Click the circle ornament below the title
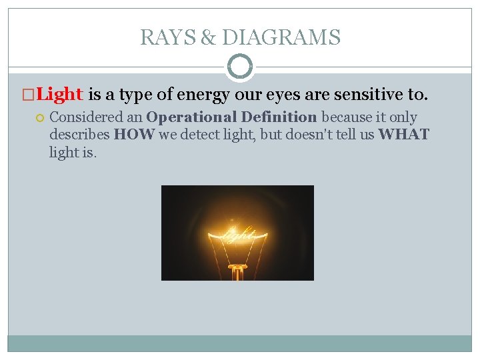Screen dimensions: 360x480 240,67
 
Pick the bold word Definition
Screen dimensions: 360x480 279,117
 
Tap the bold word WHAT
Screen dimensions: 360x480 403,135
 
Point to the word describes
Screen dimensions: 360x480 79,135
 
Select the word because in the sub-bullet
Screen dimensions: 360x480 346,117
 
